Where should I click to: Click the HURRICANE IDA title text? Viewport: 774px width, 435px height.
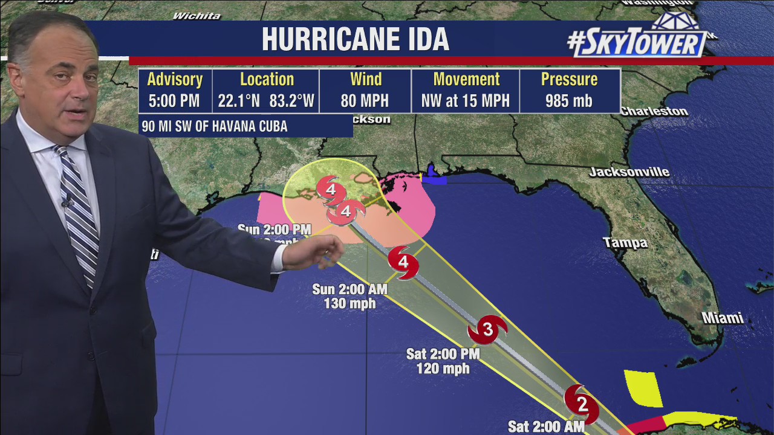click(x=355, y=39)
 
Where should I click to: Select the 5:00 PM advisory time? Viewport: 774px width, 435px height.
click(x=174, y=101)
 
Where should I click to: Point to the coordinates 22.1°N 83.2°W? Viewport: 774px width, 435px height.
click(x=266, y=101)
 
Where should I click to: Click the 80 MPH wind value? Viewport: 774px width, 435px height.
click(x=365, y=101)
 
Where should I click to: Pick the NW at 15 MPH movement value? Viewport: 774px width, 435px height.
click(x=465, y=101)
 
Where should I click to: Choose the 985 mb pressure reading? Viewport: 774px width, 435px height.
click(x=568, y=101)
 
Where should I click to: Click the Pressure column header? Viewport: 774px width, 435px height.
click(x=568, y=80)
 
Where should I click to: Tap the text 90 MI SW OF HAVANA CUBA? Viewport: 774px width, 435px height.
click(x=214, y=127)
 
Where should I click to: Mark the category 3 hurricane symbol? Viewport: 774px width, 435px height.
click(x=487, y=330)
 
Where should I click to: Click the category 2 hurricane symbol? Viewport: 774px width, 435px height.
click(x=582, y=404)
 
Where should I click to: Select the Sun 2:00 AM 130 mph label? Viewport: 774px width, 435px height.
click(x=350, y=296)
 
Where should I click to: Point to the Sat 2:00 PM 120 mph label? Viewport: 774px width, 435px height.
click(x=443, y=361)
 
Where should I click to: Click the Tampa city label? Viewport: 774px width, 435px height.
click(x=625, y=243)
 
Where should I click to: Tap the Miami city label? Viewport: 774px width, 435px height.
click(x=722, y=318)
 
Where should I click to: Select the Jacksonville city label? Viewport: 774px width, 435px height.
click(x=629, y=172)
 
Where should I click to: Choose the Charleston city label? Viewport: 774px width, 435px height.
click(x=654, y=112)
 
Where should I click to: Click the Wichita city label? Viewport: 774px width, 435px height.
click(x=196, y=16)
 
